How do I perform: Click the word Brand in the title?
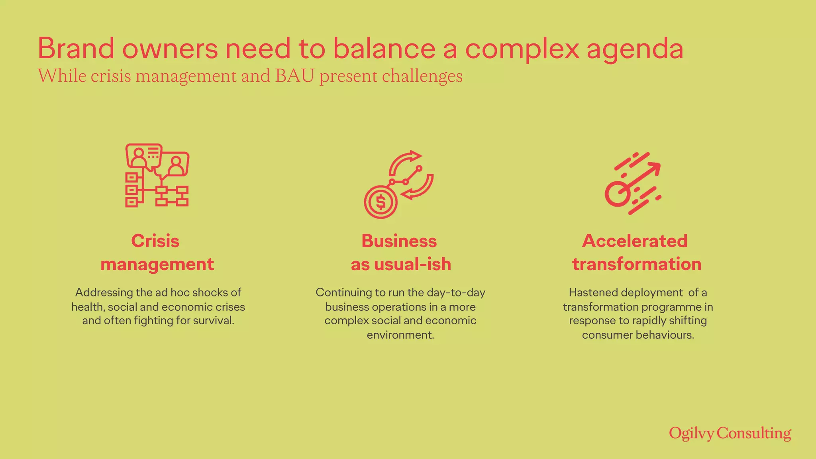76,49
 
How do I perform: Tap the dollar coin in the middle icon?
381,202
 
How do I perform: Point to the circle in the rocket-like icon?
617,194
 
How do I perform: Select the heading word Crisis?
155,241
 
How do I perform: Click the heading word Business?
399,241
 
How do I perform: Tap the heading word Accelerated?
635,241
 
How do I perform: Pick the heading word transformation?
637,264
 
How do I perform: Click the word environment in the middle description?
400,335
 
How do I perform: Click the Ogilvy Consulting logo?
730,433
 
